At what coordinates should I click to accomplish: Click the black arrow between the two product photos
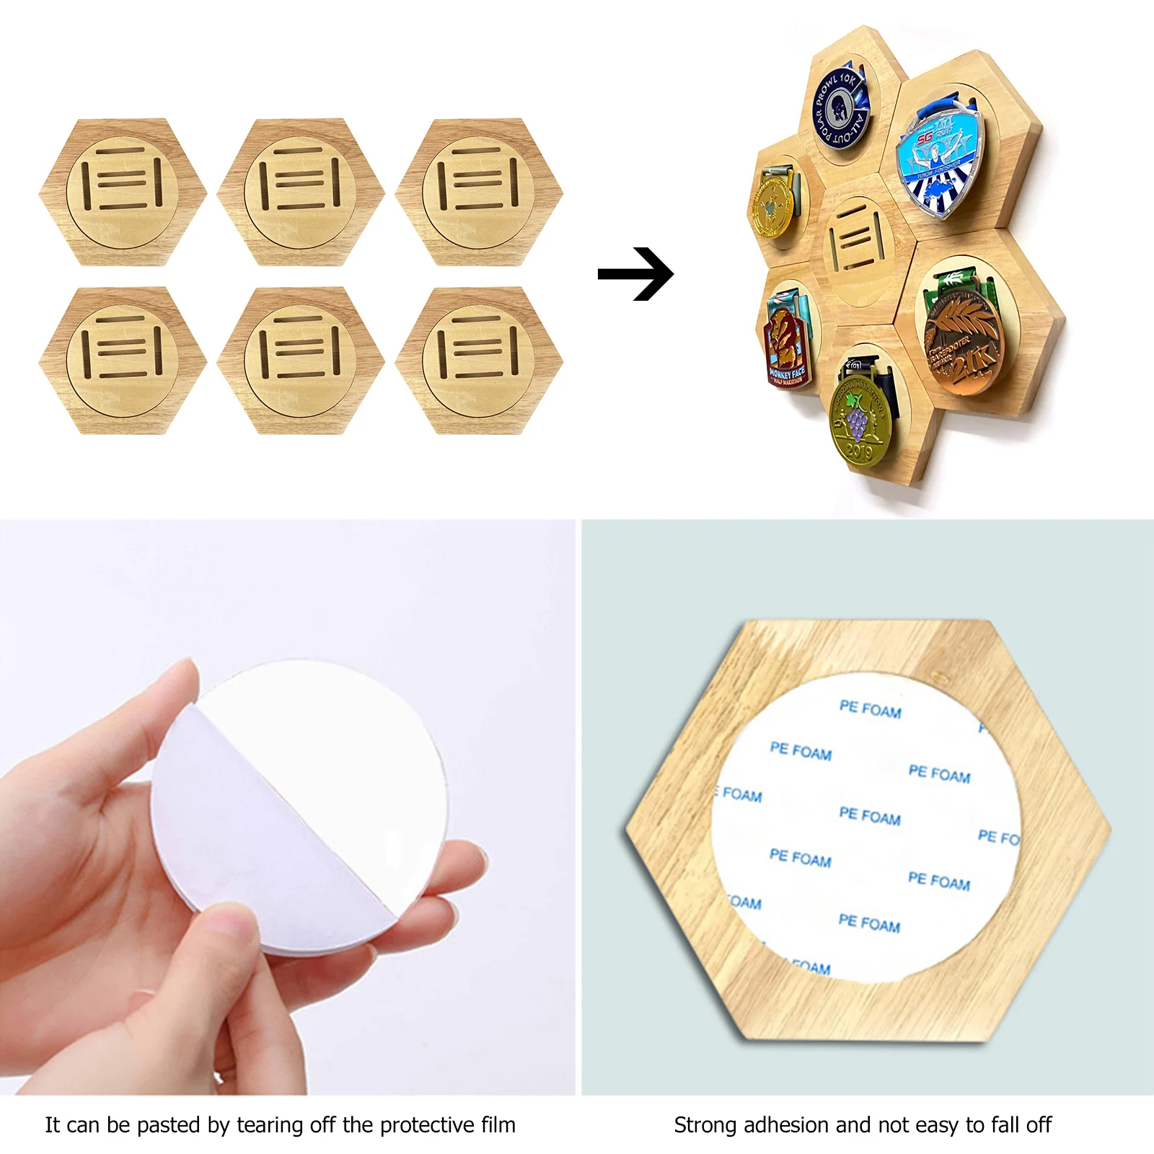635,274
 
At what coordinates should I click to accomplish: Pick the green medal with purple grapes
858,422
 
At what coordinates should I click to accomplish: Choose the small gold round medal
772,206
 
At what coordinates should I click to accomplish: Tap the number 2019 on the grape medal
859,452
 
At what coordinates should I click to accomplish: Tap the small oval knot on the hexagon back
940,677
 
